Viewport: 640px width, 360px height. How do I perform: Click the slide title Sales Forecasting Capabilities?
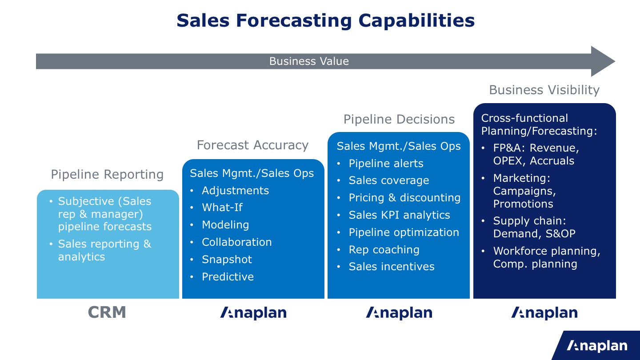pos(326,20)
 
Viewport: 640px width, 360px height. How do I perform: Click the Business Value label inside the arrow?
pos(309,61)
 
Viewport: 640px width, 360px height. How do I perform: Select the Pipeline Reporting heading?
pos(107,174)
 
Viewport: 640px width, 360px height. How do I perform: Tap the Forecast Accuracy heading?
pos(252,145)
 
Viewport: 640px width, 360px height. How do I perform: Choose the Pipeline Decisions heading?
pos(399,119)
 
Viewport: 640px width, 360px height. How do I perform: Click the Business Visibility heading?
pos(544,90)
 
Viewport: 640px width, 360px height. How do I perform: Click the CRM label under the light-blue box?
pos(107,312)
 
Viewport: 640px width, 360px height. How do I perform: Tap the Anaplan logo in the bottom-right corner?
pos(597,346)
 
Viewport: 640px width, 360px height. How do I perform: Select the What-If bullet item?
pos(222,208)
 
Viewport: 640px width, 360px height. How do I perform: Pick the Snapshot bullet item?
pos(227,260)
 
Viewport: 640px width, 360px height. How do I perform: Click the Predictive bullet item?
pos(228,276)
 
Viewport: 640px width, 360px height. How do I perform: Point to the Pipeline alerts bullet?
pos(386,164)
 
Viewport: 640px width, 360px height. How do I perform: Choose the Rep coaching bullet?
pos(384,250)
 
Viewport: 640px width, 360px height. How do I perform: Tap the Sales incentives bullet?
pos(392,267)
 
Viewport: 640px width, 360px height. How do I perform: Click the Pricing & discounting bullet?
pos(404,198)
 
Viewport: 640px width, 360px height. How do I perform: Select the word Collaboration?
pos(236,242)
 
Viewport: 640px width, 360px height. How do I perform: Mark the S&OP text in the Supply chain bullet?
pos(560,234)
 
